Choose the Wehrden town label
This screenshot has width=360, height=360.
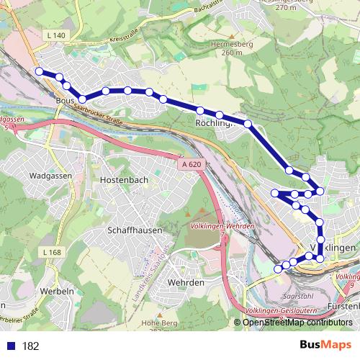(x=186, y=283)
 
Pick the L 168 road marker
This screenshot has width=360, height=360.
(x=52, y=252)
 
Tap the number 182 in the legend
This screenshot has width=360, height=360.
(x=30, y=346)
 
